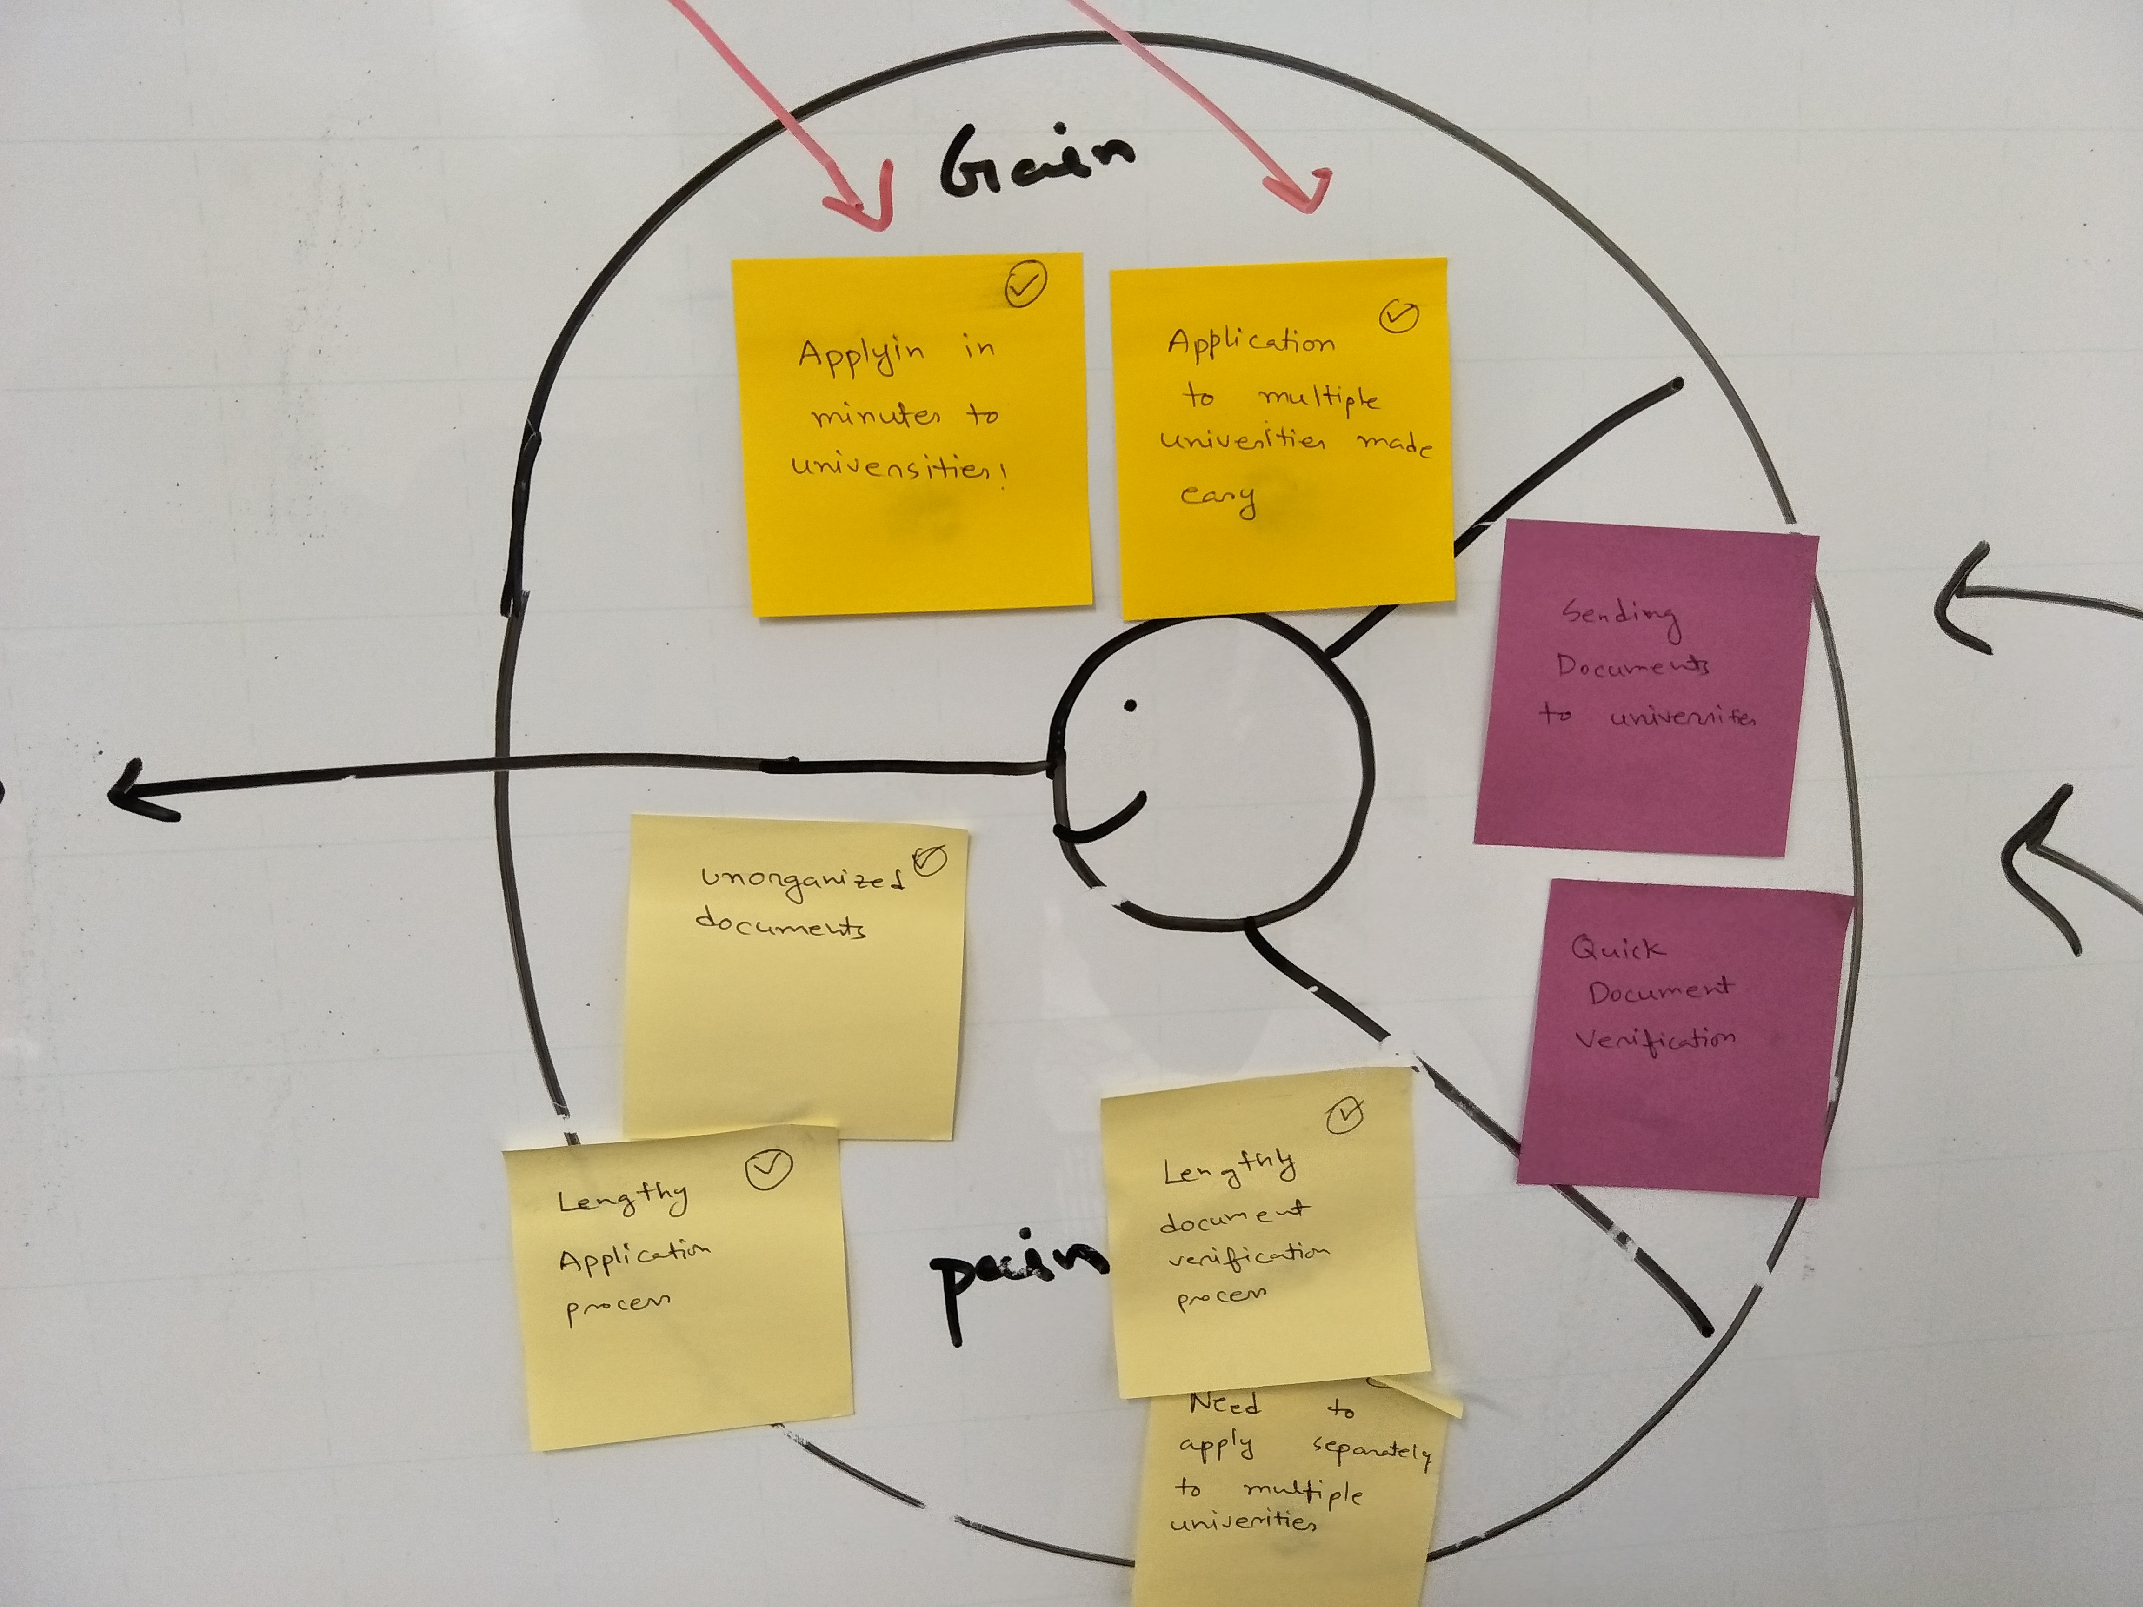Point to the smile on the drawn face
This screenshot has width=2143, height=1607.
[x=1105, y=818]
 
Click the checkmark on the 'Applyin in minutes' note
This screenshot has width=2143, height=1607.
[x=1025, y=285]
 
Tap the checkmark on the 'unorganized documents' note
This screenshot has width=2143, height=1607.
[x=928, y=859]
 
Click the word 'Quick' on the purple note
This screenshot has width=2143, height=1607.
[x=1616, y=947]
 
